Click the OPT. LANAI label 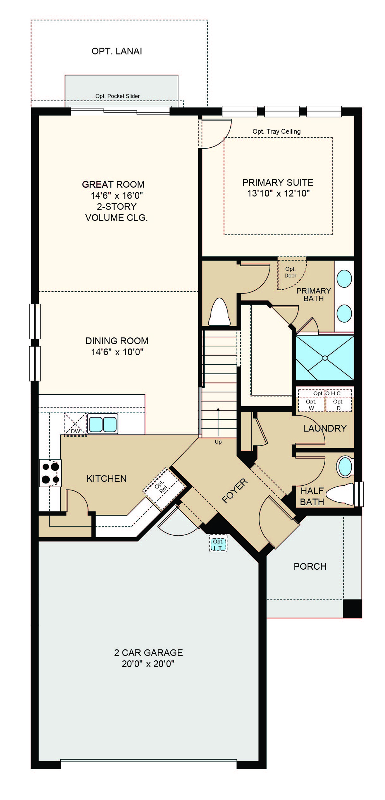(117, 51)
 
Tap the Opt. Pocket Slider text (117, 96)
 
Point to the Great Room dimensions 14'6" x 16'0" (117, 195)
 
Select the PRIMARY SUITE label (278, 183)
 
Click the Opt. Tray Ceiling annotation (277, 131)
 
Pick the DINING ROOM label (117, 341)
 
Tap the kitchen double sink (103, 424)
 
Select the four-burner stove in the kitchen (50, 473)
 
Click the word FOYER (235, 491)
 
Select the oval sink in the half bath (345, 467)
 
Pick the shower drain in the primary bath (325, 358)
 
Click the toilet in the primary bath (219, 312)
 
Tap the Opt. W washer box (311, 405)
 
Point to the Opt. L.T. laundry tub (218, 543)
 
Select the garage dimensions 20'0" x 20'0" (148, 664)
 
